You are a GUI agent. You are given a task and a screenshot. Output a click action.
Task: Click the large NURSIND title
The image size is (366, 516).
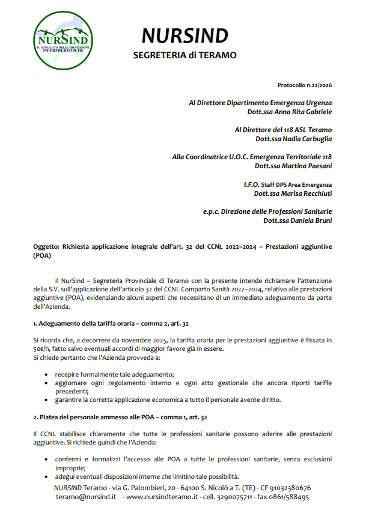185,36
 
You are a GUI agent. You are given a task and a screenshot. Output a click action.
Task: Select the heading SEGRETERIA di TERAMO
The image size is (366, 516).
185,55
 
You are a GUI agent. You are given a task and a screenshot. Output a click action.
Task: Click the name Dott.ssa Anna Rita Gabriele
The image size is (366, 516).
289,112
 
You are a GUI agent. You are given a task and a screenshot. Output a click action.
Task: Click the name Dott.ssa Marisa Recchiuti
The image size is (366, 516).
293,193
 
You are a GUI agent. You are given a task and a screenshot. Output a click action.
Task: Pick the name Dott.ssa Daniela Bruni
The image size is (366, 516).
297,220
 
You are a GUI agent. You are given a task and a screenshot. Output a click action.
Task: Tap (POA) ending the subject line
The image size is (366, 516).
43,255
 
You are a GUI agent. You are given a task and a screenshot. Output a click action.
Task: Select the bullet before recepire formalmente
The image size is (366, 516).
47,374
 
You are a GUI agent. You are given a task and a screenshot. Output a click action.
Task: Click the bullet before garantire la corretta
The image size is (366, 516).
47,399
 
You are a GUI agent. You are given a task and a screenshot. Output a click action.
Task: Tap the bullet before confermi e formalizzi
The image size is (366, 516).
47,460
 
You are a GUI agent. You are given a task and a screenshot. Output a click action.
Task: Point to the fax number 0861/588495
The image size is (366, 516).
291,497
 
